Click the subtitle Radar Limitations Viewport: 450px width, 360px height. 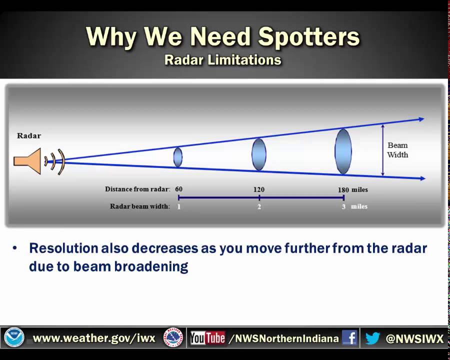point(223,60)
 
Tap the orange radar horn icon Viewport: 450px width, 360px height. point(27,160)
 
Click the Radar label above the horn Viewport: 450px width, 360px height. point(29,135)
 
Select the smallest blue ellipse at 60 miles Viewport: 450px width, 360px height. point(178,157)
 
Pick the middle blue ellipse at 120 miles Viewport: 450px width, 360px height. point(259,154)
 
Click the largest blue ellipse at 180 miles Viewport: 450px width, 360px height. point(343,151)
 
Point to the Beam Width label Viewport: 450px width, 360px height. point(397,150)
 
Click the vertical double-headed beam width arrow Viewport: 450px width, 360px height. point(382,150)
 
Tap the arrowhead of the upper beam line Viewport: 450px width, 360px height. point(421,119)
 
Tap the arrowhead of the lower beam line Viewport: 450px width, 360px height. point(422,178)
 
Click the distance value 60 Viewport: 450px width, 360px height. point(178,189)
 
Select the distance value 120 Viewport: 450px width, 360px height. point(259,189)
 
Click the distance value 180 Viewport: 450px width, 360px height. point(343,190)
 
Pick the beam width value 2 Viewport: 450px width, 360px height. point(259,206)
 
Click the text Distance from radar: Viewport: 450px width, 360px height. point(137,189)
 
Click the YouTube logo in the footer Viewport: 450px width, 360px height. point(207,338)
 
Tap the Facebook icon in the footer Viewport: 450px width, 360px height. point(349,338)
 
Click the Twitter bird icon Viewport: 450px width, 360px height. point(372,338)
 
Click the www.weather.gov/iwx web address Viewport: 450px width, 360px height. point(94,338)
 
